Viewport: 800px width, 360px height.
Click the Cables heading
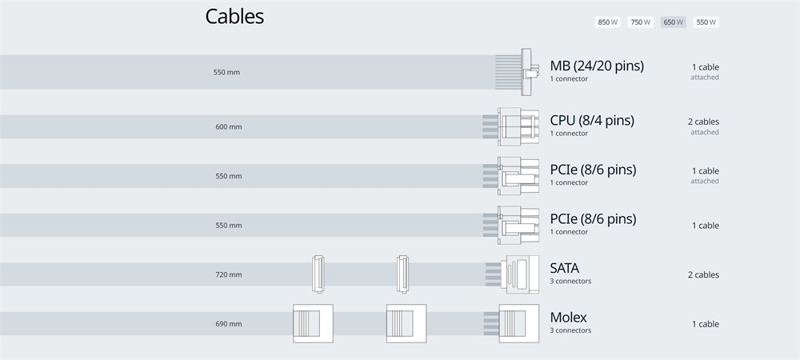point(234,16)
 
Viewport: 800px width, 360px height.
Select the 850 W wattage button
point(608,22)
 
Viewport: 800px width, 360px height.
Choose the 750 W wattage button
point(640,22)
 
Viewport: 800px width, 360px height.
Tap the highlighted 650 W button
point(673,22)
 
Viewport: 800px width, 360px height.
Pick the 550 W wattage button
point(706,22)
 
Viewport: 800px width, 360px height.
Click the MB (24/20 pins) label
point(597,66)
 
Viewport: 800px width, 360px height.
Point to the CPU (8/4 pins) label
point(592,120)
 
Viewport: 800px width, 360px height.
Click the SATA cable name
point(564,268)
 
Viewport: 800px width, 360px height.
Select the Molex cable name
point(568,317)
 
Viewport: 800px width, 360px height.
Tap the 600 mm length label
point(229,127)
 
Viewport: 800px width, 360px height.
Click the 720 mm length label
point(229,275)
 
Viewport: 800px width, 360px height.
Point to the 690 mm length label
point(229,324)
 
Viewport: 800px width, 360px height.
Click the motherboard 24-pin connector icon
point(526,72)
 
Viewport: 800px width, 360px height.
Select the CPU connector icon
point(518,126)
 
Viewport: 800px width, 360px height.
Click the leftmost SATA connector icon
point(318,274)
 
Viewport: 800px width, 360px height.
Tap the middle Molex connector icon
point(406,324)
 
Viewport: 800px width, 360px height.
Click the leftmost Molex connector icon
point(313,324)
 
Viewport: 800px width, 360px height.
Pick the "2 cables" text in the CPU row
point(703,122)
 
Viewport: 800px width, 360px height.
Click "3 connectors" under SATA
point(570,281)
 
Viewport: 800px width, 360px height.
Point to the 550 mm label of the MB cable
point(226,73)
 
